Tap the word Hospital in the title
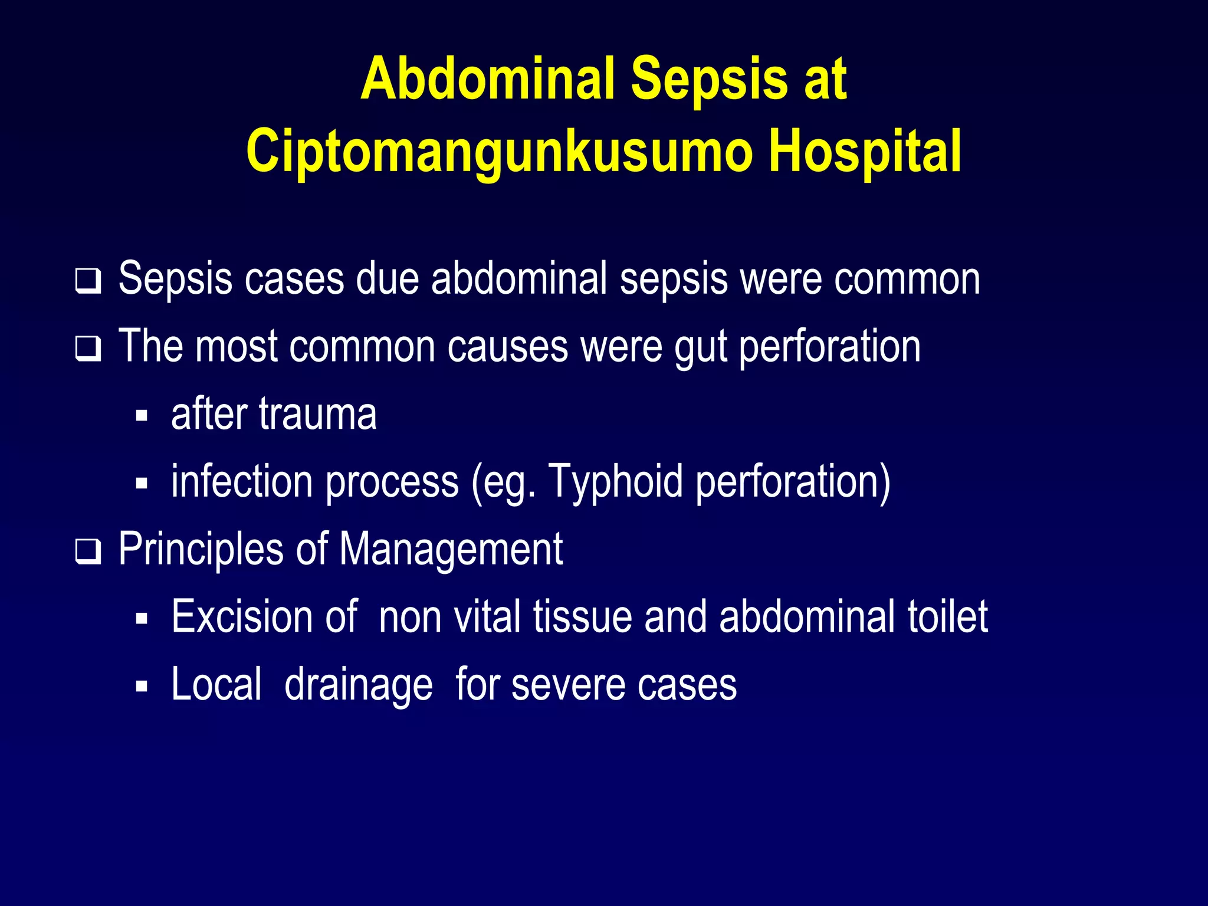tap(865, 151)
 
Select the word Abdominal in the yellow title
tap(488, 79)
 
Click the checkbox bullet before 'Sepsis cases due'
tap(88, 281)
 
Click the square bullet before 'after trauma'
tap(141, 416)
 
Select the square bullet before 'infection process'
tap(141, 484)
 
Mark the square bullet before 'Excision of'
tap(141, 619)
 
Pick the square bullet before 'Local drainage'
tap(141, 686)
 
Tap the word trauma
tap(317, 414)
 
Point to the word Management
tap(451, 549)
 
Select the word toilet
tap(947, 616)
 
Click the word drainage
tap(359, 685)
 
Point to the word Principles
tap(201, 549)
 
